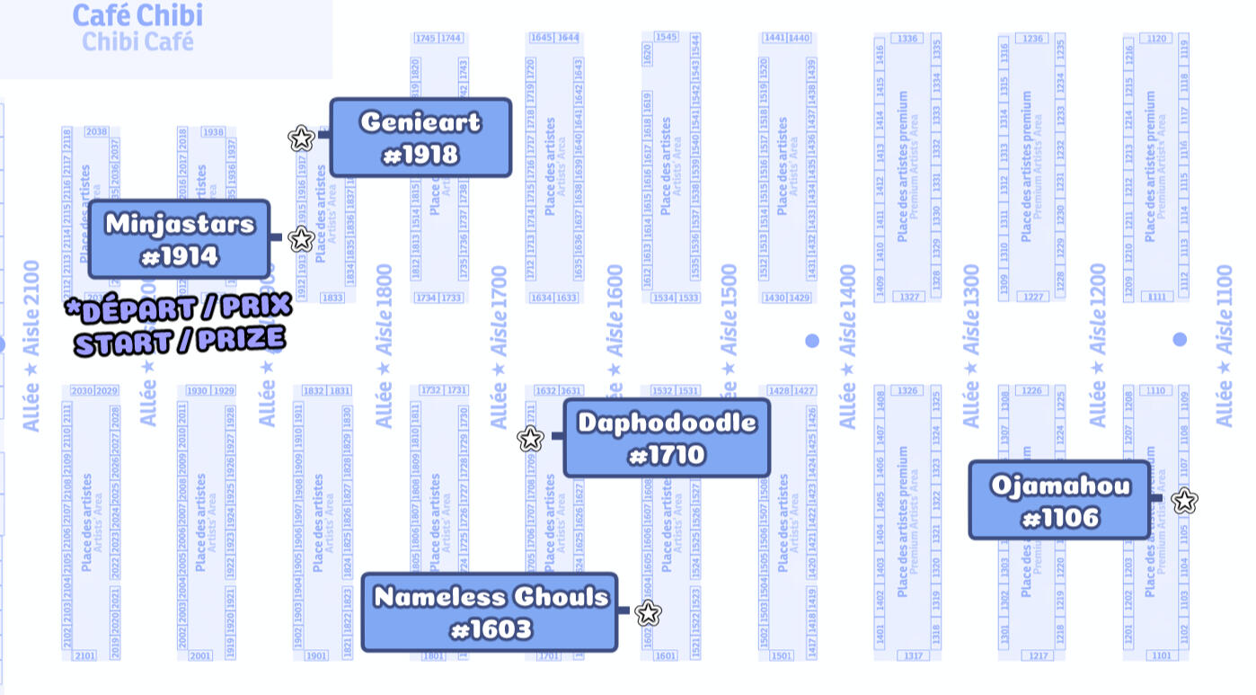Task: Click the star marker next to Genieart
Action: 301,138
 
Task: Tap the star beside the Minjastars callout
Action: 302,239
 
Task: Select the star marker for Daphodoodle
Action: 531,439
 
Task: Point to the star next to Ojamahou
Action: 1185,501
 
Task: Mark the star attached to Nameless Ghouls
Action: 648,614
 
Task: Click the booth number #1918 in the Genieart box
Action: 420,156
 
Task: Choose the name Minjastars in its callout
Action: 180,223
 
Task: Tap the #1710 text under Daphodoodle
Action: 667,456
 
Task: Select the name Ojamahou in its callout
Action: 1060,486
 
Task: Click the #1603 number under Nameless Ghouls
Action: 491,629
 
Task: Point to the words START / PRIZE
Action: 180,342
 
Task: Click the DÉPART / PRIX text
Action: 180,308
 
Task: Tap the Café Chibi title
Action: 137,15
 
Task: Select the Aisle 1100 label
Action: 1224,346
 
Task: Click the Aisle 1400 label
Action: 847,346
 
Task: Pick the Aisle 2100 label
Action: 32,346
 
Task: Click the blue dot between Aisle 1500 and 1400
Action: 812,341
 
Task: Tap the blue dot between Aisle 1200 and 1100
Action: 1180,339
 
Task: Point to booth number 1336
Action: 907,39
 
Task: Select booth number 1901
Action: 315,655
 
